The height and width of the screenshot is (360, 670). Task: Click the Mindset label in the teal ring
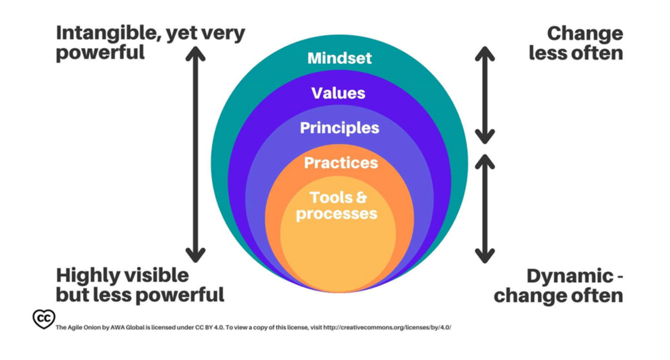click(339, 58)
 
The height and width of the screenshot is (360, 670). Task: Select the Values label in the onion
click(338, 93)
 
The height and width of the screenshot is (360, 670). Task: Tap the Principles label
click(339, 128)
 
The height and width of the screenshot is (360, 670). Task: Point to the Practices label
click(341, 163)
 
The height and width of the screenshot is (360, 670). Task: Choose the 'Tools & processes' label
click(337, 206)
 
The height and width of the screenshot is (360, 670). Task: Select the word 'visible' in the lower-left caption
click(155, 275)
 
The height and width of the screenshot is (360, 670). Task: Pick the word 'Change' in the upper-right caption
click(585, 33)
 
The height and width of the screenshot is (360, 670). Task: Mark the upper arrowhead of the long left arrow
click(196, 52)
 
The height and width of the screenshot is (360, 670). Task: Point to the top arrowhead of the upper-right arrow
click(485, 53)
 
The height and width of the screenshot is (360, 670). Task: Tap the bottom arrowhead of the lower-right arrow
click(485, 256)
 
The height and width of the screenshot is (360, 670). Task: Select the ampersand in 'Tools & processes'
click(360, 198)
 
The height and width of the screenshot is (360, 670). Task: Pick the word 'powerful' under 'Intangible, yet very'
click(100, 53)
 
